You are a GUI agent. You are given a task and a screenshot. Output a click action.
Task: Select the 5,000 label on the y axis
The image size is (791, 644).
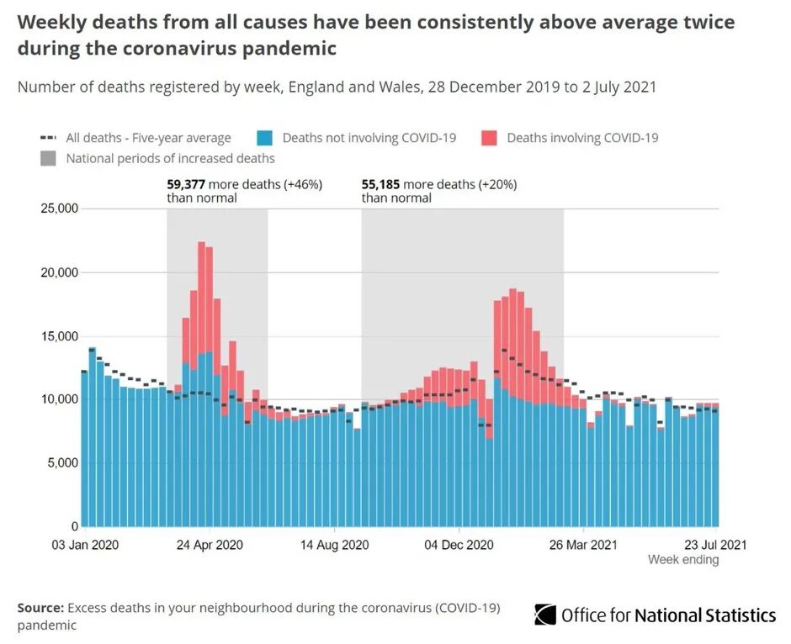coord(61,462)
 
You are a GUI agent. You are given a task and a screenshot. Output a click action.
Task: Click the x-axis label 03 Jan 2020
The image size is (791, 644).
coord(85,545)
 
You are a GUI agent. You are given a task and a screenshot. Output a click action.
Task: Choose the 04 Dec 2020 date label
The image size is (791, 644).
coord(459,545)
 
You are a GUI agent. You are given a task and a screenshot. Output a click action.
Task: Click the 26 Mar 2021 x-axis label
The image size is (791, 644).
coord(583,545)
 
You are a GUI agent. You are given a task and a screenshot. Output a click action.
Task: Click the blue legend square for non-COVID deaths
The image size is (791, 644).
coord(264,138)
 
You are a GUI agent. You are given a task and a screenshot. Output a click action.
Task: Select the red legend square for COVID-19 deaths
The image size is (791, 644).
coord(488,138)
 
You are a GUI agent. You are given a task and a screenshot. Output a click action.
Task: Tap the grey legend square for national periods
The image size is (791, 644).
coord(48,158)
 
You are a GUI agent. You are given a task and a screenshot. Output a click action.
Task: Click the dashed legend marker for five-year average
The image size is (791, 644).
coord(49,138)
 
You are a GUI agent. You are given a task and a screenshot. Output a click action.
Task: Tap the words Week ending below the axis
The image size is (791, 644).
coord(683,560)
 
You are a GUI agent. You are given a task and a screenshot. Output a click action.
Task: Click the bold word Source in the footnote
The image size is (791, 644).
coord(39,608)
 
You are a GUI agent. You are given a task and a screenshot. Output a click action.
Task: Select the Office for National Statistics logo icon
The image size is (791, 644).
coord(545,615)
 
